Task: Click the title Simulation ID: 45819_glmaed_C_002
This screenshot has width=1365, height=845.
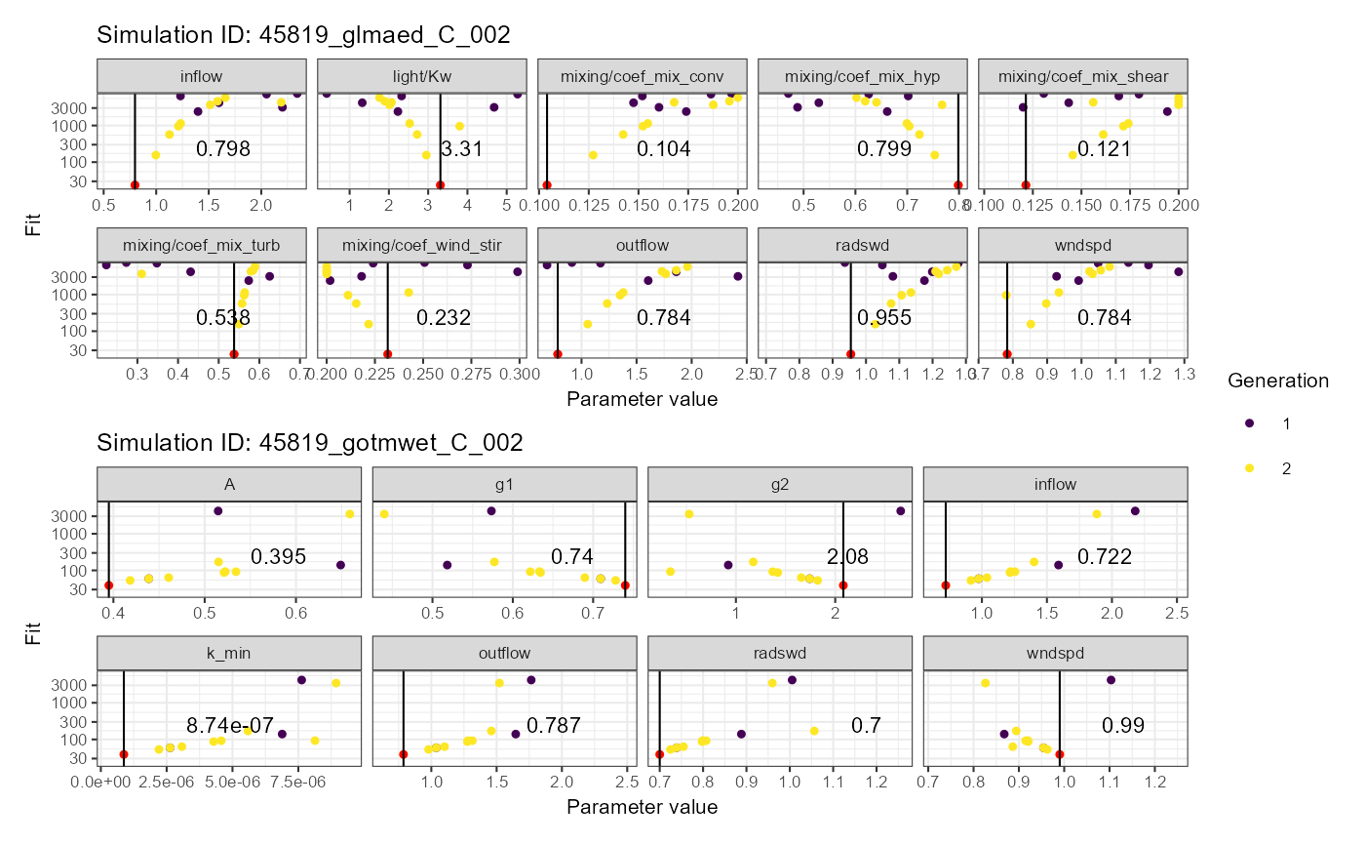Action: (x=304, y=35)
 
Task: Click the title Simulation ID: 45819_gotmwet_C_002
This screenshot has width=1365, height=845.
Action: (x=310, y=443)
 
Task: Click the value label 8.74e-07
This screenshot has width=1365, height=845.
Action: (x=230, y=725)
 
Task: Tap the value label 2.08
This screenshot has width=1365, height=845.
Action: (x=847, y=557)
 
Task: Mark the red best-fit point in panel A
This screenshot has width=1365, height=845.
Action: (x=109, y=585)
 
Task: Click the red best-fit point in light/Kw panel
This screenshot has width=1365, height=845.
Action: (x=441, y=185)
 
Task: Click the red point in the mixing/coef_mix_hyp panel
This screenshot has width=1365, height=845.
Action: (x=958, y=185)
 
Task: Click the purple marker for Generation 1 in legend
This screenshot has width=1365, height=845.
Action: (x=1250, y=423)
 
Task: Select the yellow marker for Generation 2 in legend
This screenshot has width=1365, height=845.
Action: (x=1250, y=468)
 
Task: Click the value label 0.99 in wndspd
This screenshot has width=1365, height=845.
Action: (x=1123, y=725)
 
